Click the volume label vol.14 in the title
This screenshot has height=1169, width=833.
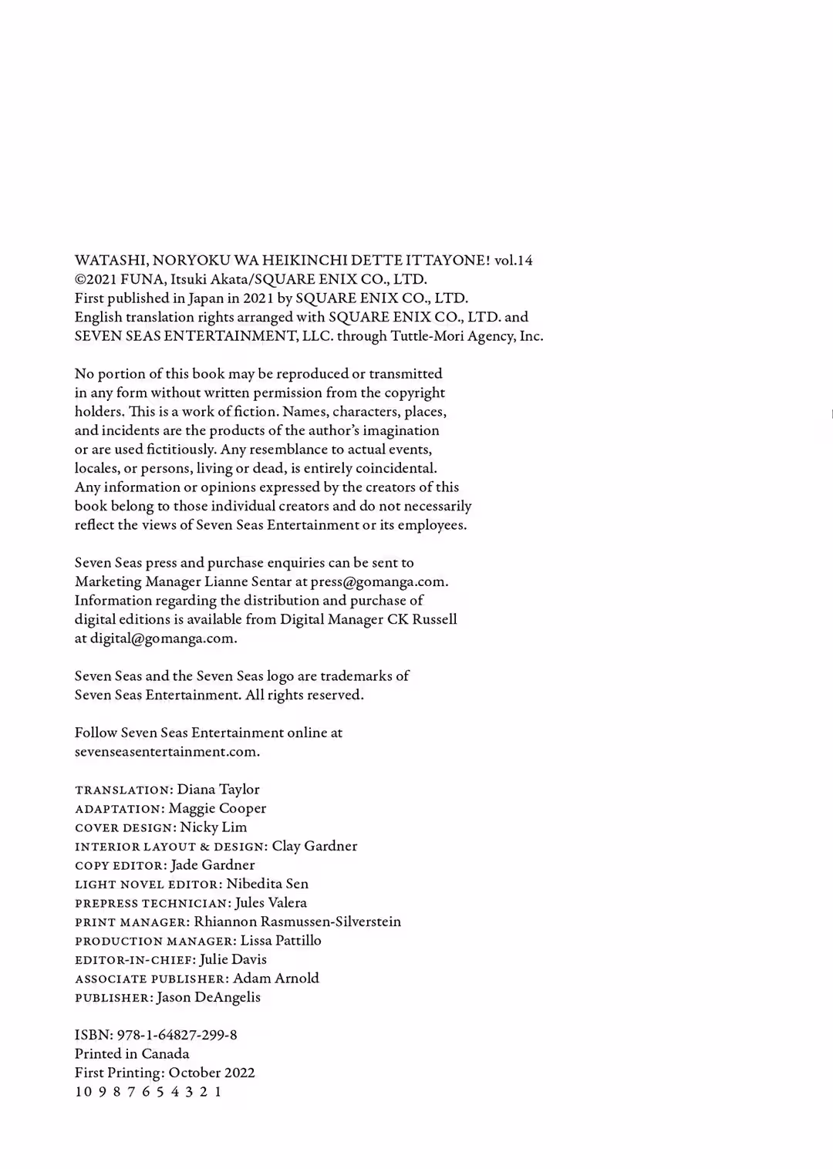[x=513, y=261]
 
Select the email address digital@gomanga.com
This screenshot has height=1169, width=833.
[x=163, y=638]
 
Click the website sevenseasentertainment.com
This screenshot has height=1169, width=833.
[x=167, y=752]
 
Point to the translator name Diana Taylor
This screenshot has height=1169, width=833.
[x=218, y=790]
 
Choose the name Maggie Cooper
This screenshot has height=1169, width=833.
[x=218, y=809]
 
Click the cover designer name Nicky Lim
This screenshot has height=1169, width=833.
[x=214, y=827]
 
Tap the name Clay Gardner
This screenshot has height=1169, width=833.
[x=315, y=847]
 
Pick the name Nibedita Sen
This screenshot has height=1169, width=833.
[x=267, y=884]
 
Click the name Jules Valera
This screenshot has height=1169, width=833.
[x=271, y=903]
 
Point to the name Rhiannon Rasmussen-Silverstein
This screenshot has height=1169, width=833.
[x=298, y=922]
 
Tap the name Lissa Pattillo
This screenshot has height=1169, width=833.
[x=281, y=941]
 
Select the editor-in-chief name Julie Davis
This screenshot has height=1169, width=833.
[x=233, y=960]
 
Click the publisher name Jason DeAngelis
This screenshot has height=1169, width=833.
[x=208, y=998]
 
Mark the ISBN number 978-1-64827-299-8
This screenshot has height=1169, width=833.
[x=177, y=1036]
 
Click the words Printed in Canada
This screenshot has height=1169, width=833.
[x=132, y=1054]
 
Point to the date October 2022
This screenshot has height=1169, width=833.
[x=211, y=1073]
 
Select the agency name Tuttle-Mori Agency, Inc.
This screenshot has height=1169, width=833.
[x=467, y=336]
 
